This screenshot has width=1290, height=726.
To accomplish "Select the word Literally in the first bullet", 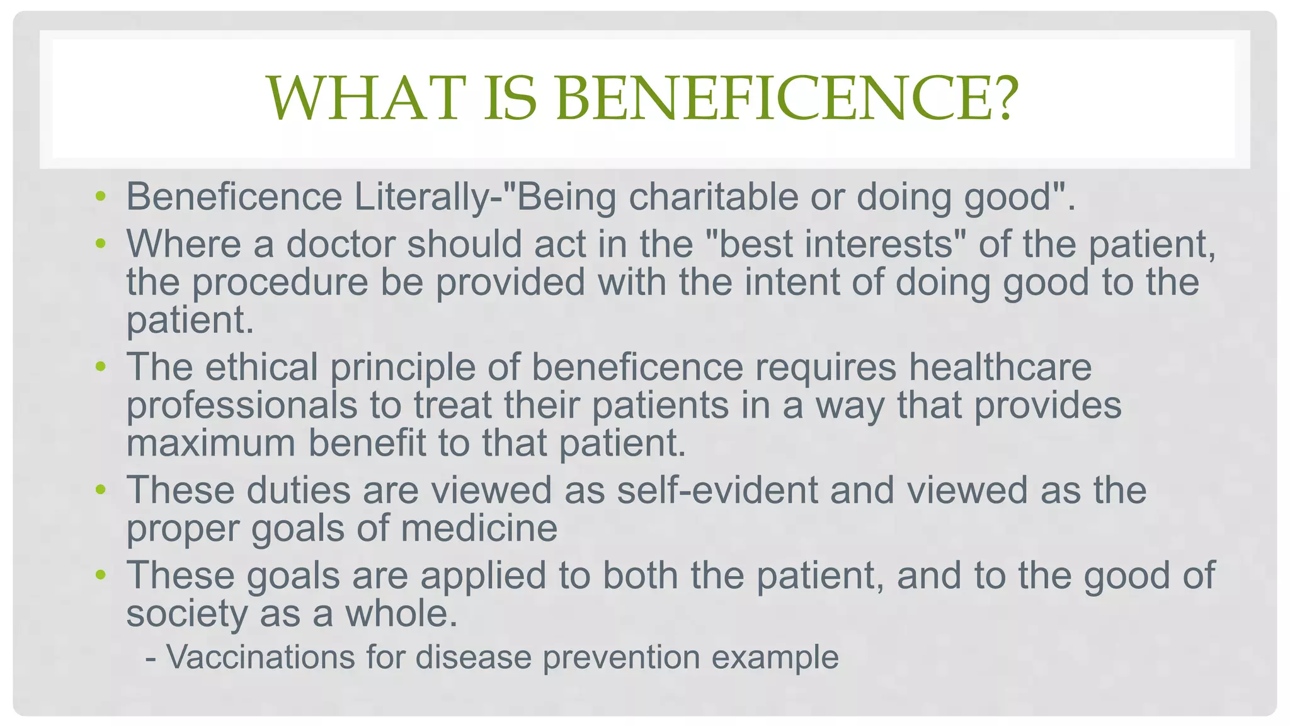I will pyautogui.click(x=422, y=197).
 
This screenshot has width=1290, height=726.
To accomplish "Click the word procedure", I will pyautogui.click(x=280, y=282).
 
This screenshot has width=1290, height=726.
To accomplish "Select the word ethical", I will pyautogui.click(x=261, y=367).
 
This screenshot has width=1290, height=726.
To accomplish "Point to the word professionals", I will pyautogui.click(x=242, y=405).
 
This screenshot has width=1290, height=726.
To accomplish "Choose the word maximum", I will pyautogui.click(x=211, y=442).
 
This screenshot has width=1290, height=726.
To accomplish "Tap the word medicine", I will pyautogui.click(x=479, y=527).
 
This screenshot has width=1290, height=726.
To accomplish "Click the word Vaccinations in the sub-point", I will pyautogui.click(x=261, y=657).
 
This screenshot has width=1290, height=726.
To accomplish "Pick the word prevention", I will pyautogui.click(x=621, y=657).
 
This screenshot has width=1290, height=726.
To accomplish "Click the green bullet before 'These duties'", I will pyautogui.click(x=100, y=490).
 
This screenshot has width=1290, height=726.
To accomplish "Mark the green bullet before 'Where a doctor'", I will pyautogui.click(x=100, y=244).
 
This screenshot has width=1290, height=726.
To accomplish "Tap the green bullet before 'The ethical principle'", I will pyautogui.click(x=100, y=367).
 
